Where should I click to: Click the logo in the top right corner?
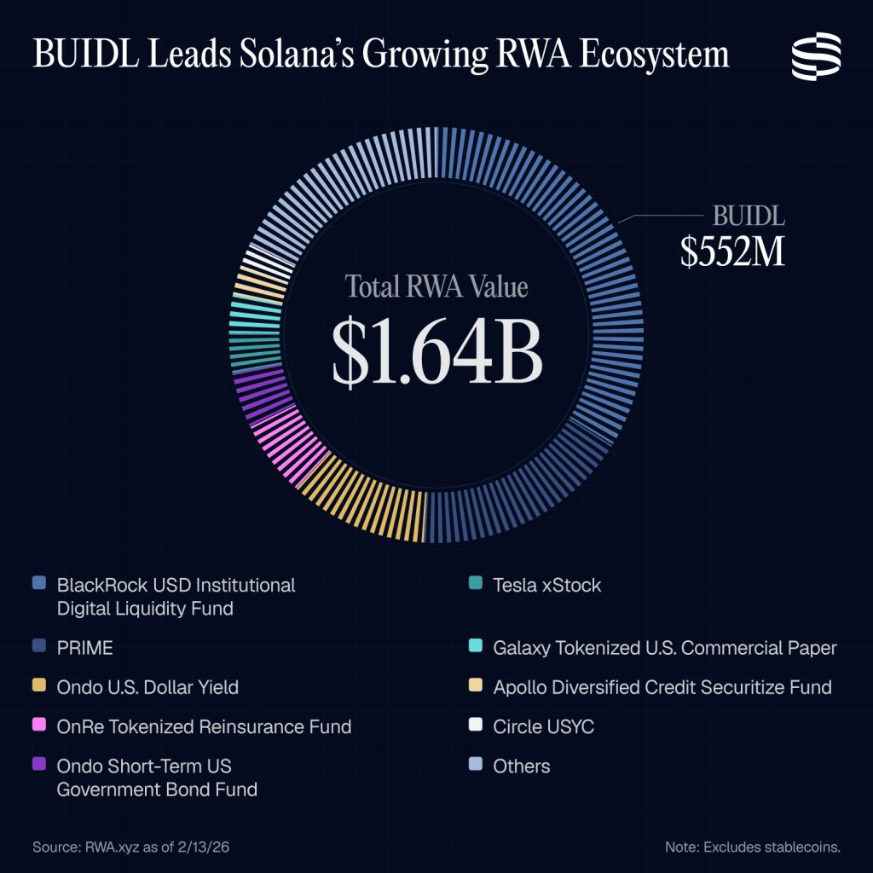click(x=816, y=56)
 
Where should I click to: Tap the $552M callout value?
click(x=732, y=251)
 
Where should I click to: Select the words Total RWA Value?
click(x=436, y=286)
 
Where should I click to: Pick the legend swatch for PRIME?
click(x=39, y=647)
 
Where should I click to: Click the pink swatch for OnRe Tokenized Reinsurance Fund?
click(x=39, y=726)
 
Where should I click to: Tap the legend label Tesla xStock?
click(x=546, y=585)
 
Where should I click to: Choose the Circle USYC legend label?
click(x=543, y=726)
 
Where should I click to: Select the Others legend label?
click(x=522, y=766)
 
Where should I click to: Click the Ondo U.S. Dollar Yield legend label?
click(x=147, y=686)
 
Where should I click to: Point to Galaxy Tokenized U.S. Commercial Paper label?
click(x=665, y=648)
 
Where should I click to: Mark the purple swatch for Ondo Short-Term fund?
click(x=39, y=765)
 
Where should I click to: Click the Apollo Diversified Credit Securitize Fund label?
click(x=662, y=686)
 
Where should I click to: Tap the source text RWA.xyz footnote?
click(x=131, y=847)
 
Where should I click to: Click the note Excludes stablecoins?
click(x=753, y=847)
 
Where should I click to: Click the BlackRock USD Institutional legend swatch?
click(x=39, y=584)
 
